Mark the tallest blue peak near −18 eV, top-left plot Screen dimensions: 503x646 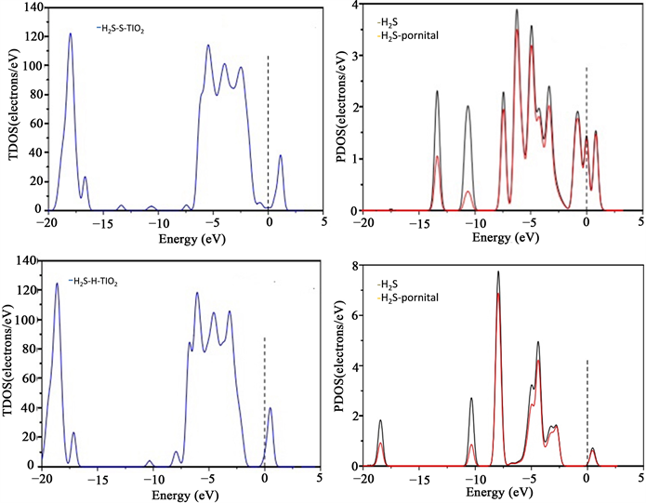[70, 34]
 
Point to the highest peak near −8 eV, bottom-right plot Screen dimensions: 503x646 [498, 272]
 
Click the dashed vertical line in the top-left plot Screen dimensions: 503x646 [268, 130]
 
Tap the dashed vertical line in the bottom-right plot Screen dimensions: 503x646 [587, 409]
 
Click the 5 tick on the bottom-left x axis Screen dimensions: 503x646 [319, 479]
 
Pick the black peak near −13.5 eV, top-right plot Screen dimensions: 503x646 [437, 91]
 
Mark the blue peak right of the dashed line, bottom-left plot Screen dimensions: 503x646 [270, 408]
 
